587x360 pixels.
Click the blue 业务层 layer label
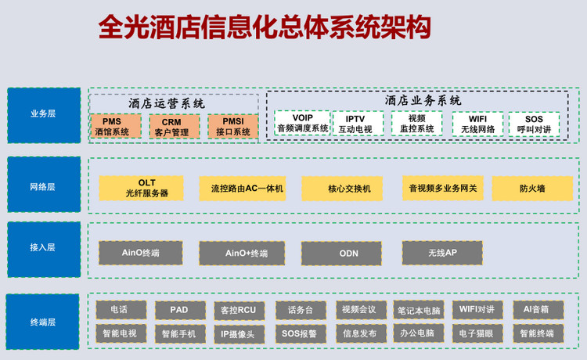tap(43, 114)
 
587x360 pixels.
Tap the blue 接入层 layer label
tap(43, 248)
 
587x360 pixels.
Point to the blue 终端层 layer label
tap(43, 322)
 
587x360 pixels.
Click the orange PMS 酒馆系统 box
tap(116, 127)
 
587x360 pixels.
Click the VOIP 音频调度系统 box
tap(302, 123)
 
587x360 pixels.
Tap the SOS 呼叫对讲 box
tap(534, 124)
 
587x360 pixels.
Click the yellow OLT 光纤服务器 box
tap(141, 188)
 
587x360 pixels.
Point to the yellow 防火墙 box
tap(532, 189)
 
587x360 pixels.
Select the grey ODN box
tap(348, 254)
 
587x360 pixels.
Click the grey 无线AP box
tap(442, 253)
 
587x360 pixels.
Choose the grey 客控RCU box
tap(238, 310)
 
